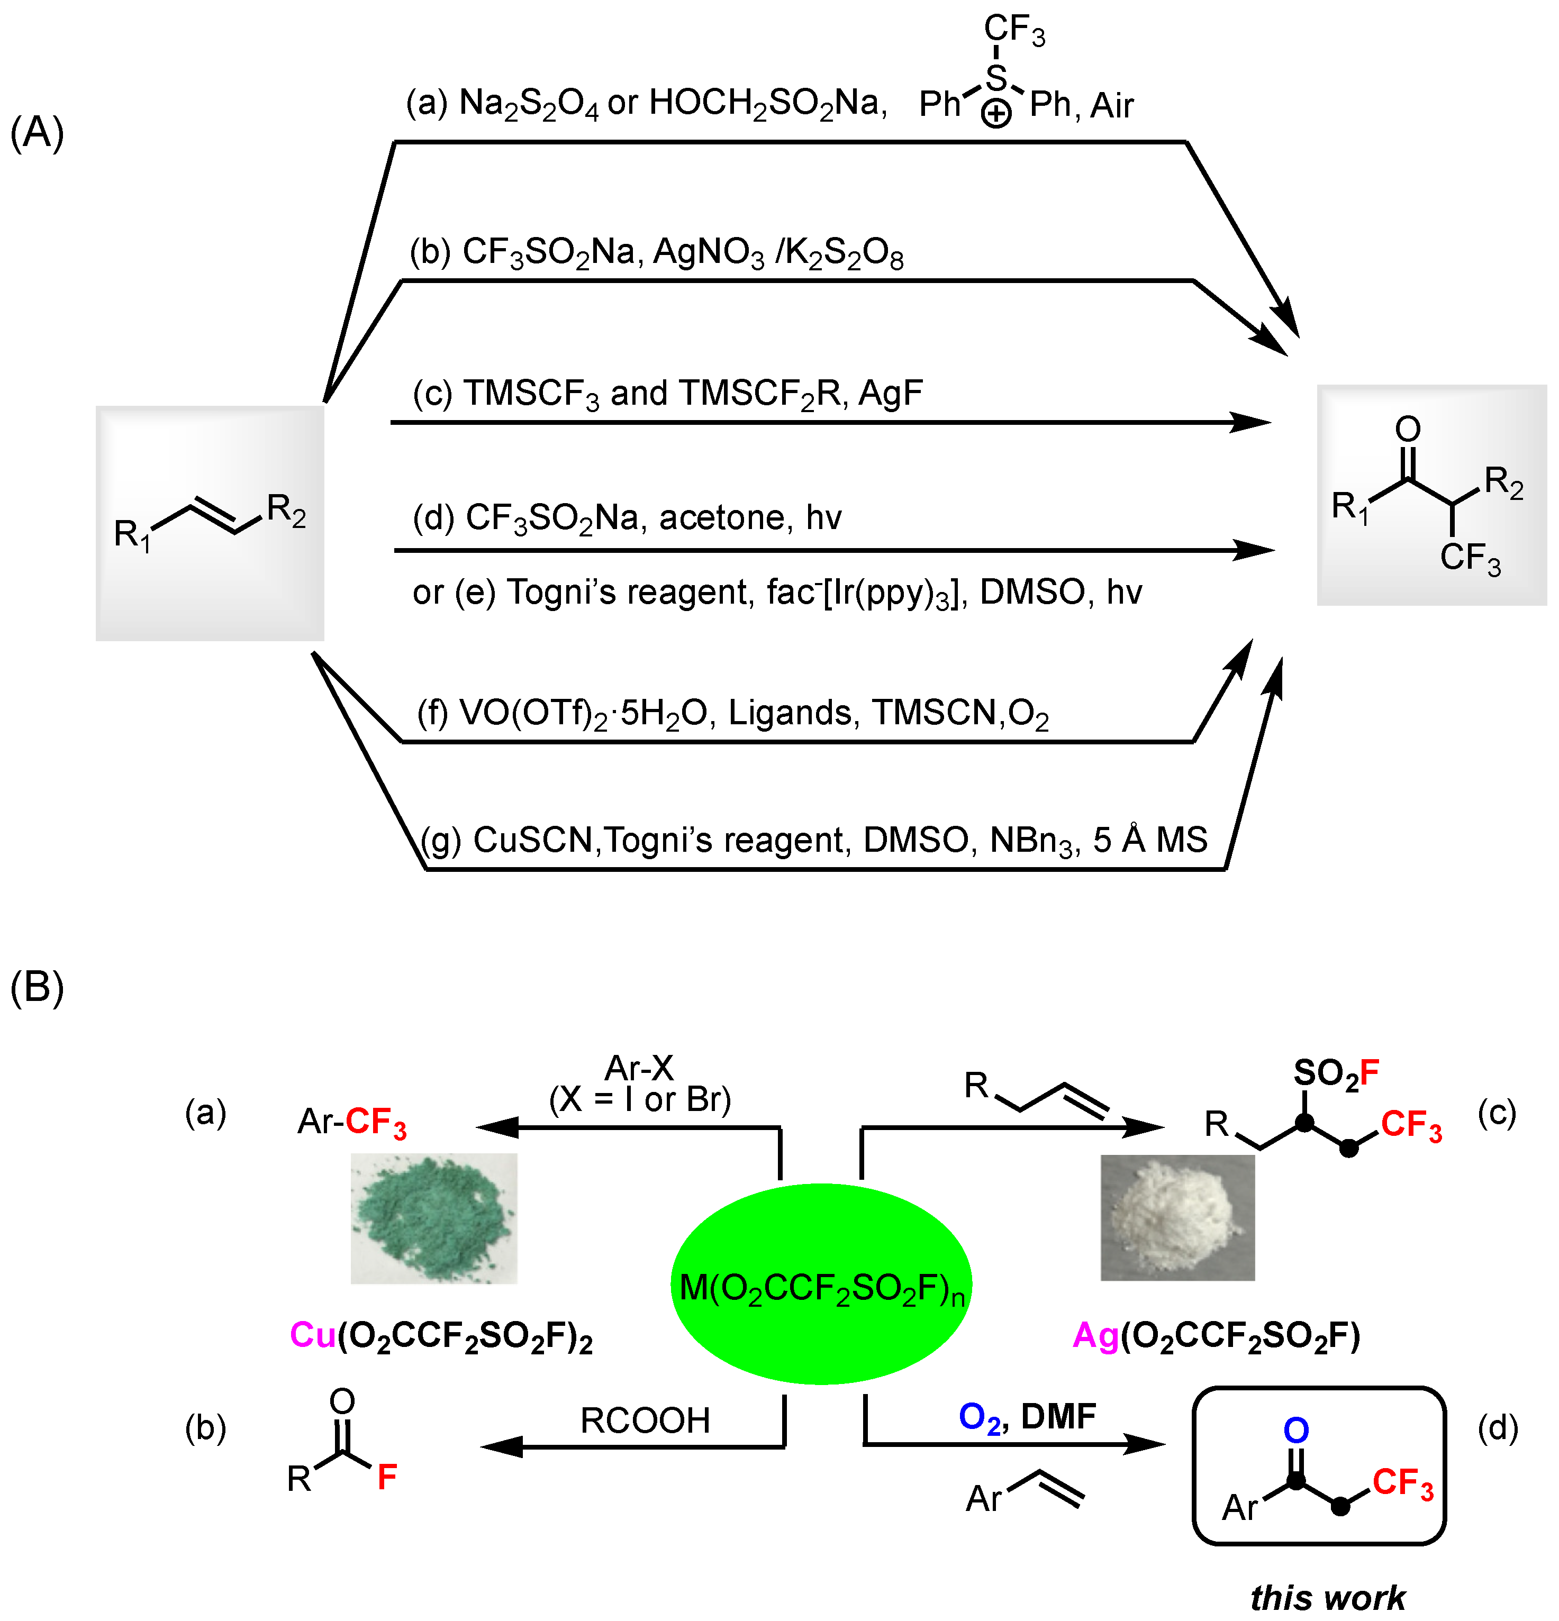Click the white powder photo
1177,1217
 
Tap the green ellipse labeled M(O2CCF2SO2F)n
820,1285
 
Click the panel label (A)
37,132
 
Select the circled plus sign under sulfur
996,114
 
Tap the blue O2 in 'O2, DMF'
979,1417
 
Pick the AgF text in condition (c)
890,393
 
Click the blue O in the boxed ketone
1296,1430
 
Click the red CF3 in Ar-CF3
376,1122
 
